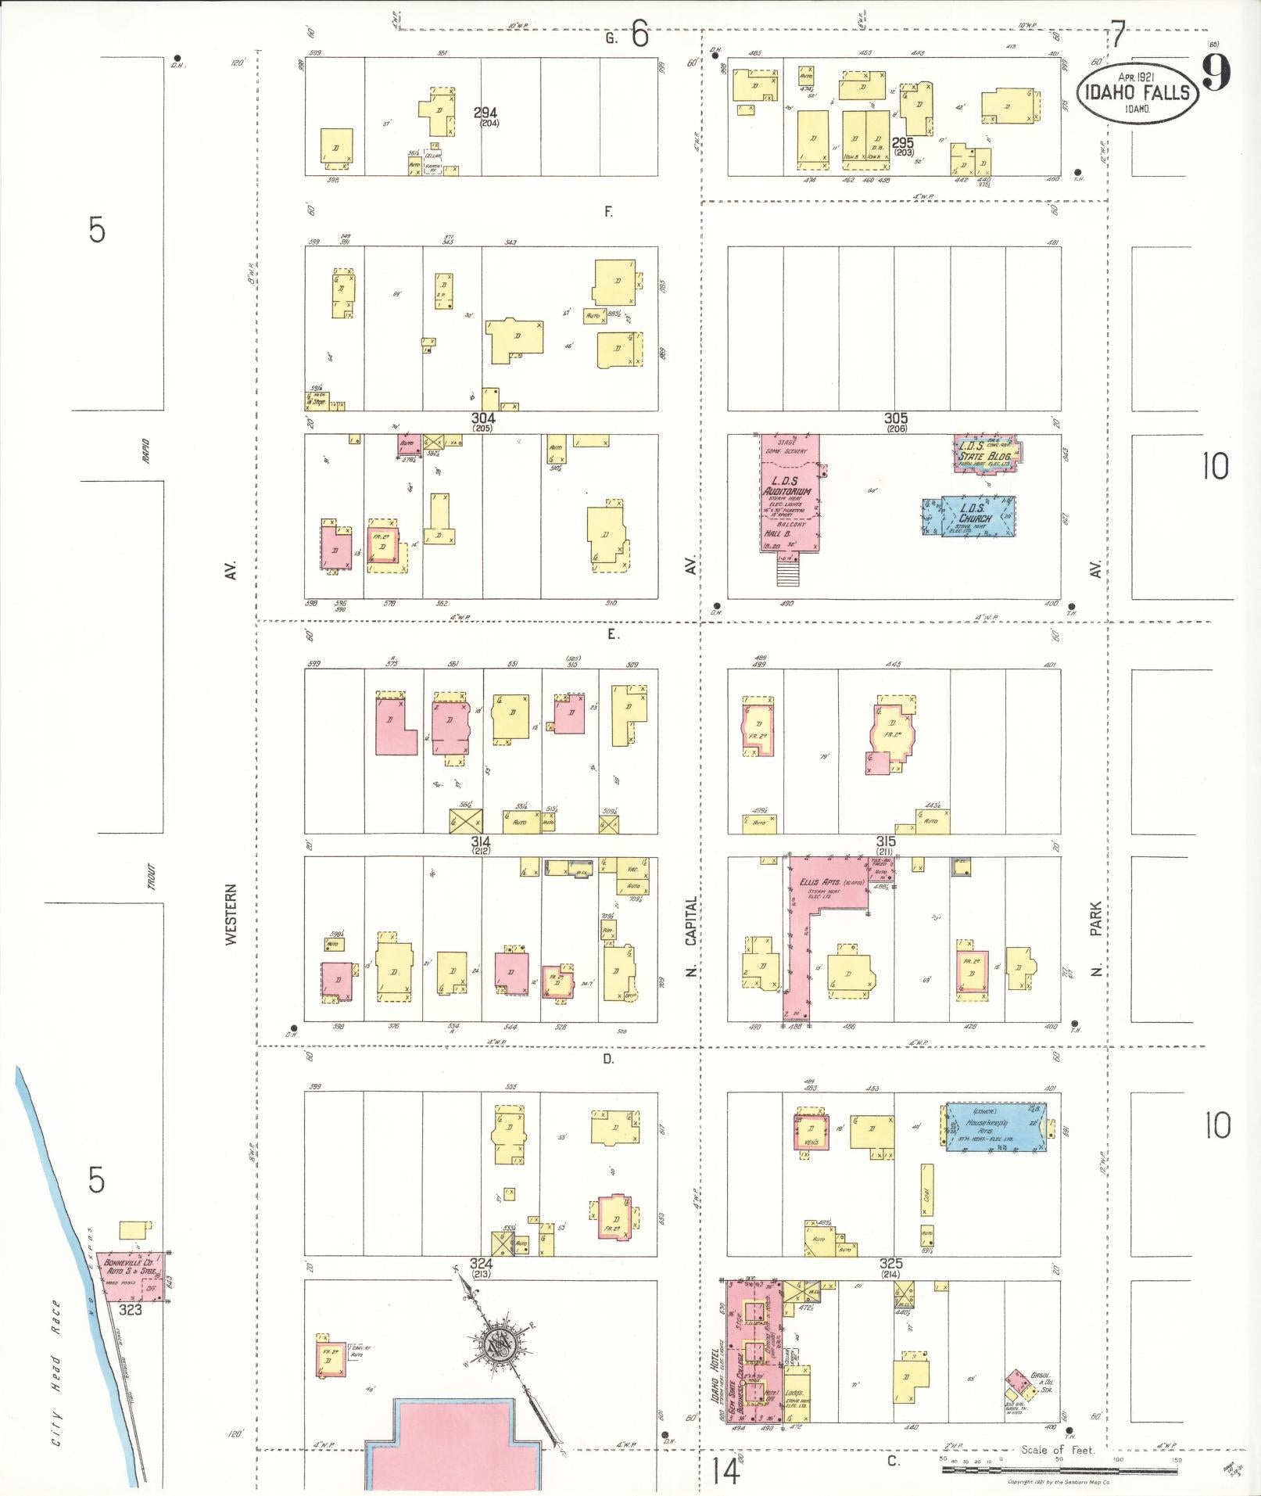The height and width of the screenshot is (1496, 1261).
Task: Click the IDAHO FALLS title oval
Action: (x=1137, y=91)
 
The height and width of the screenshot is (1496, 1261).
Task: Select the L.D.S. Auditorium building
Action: (x=790, y=493)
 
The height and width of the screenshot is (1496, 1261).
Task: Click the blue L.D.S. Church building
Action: (x=973, y=515)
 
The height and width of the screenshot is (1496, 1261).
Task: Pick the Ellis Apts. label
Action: (x=819, y=882)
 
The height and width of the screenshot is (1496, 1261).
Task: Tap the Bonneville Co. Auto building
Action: (x=131, y=1275)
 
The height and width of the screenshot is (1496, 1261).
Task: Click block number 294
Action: (x=485, y=113)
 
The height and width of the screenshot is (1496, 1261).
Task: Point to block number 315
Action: (x=885, y=841)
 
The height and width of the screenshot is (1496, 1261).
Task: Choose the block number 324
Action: (x=481, y=1264)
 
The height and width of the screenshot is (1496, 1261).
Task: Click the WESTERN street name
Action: (x=231, y=914)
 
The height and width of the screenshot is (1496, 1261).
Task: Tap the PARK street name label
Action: (x=1096, y=918)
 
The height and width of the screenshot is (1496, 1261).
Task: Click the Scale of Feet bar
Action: (x=1059, y=1470)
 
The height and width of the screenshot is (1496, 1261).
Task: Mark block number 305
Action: (x=895, y=418)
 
